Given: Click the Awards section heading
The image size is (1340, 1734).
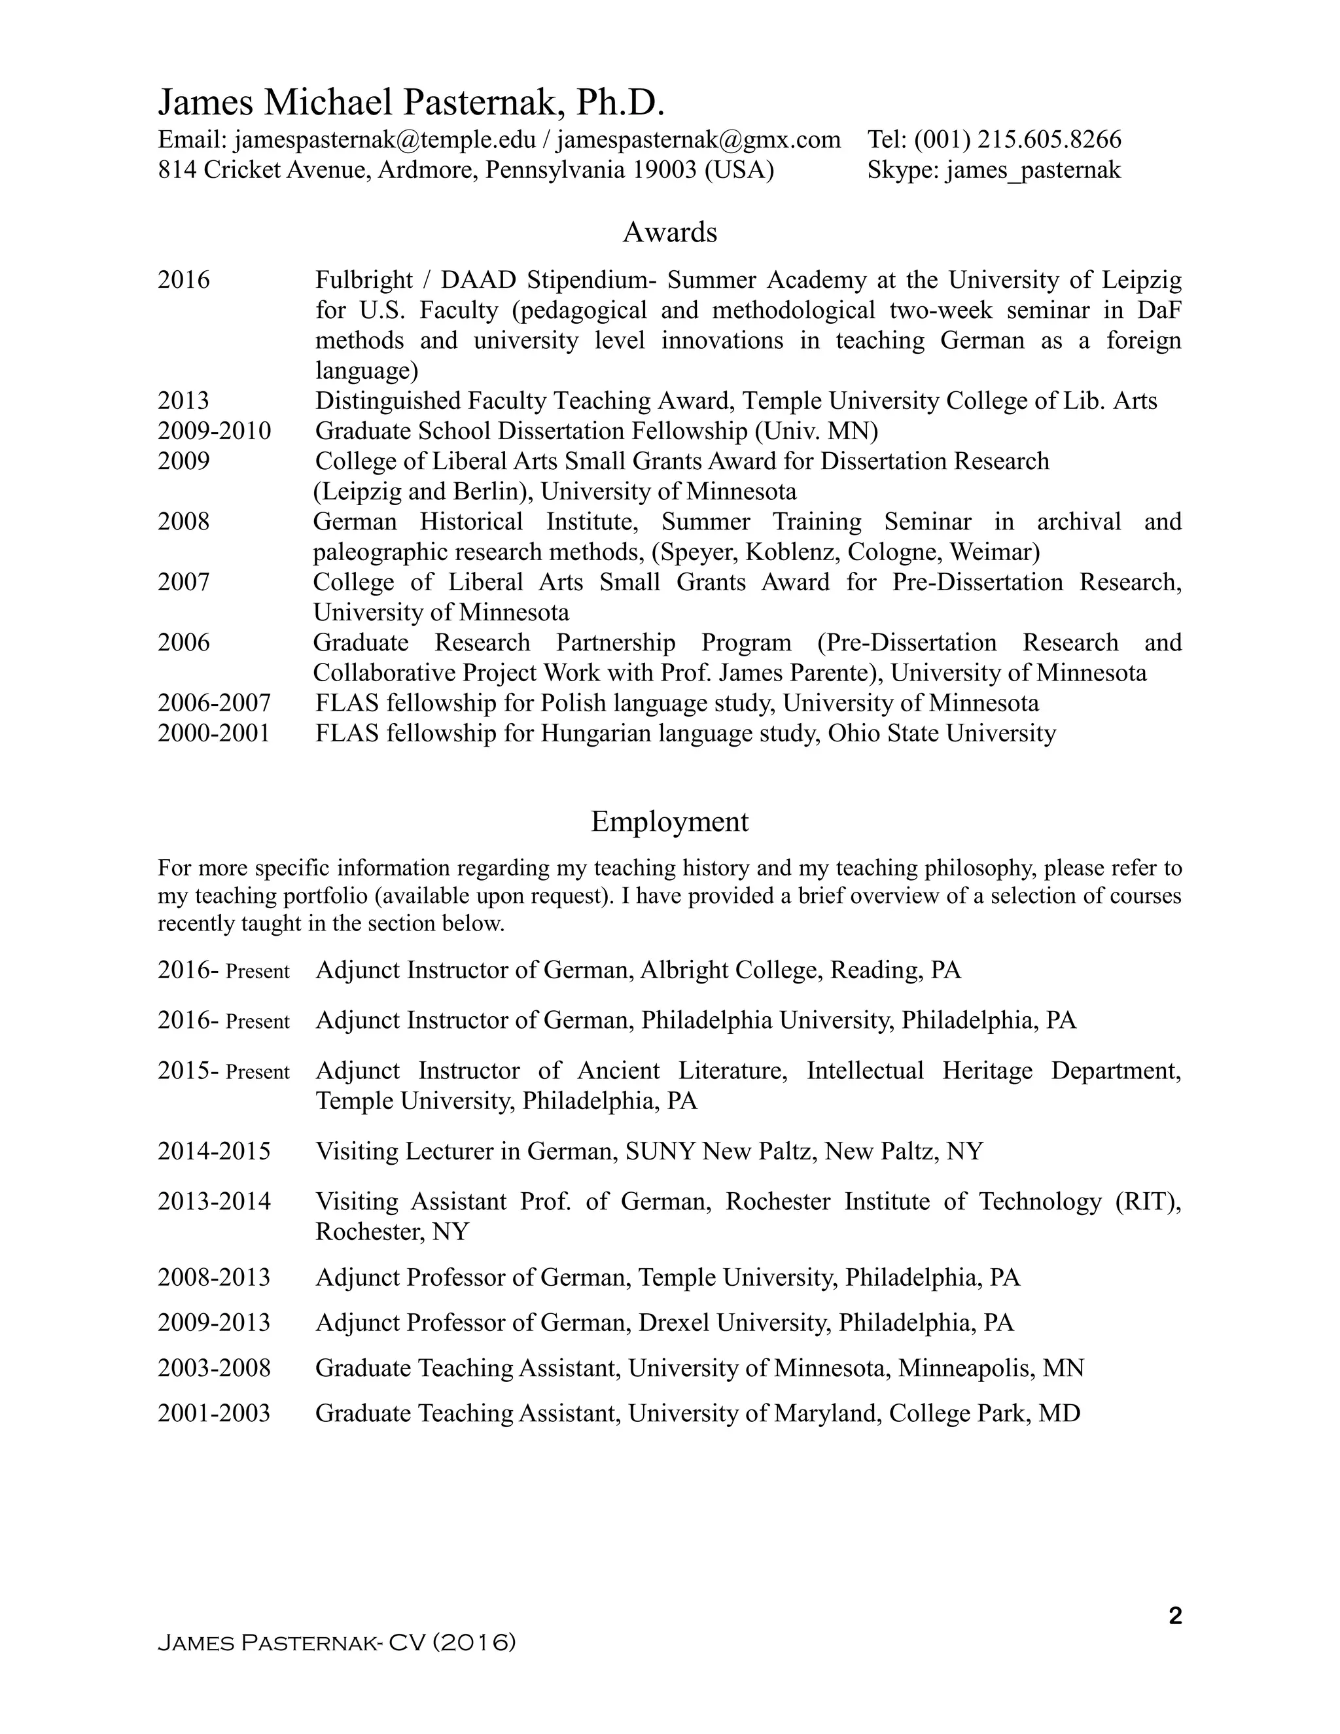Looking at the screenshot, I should [669, 233].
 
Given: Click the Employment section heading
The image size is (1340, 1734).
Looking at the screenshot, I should [669, 822].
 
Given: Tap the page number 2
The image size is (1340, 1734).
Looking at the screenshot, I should [1176, 1616].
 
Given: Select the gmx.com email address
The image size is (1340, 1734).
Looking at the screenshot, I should [699, 140].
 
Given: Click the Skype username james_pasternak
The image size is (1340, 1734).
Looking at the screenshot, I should [1032, 170].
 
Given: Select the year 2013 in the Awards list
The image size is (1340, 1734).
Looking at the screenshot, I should [183, 401].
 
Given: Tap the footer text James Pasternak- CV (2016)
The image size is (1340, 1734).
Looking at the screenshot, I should [336, 1642].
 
